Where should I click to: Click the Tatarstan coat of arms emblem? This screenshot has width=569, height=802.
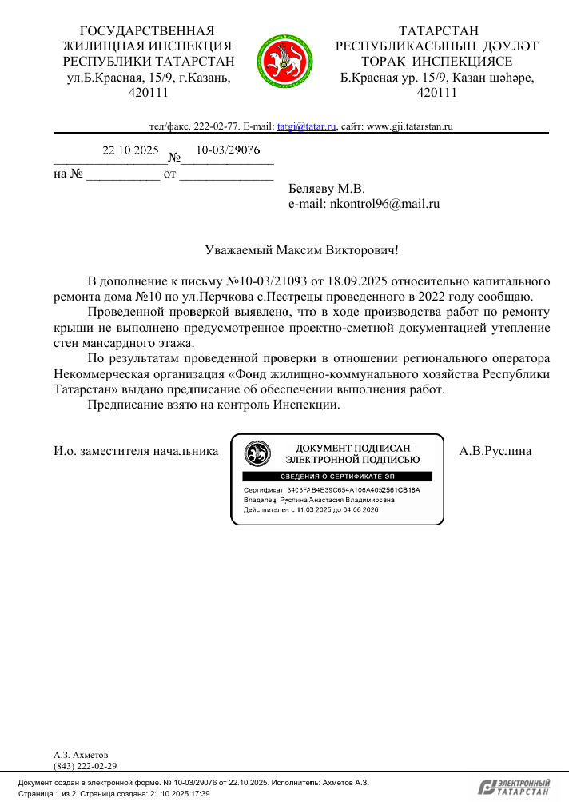[x=284, y=60]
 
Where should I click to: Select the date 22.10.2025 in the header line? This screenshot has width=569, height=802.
[x=131, y=150]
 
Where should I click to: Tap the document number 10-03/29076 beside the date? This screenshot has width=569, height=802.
[x=228, y=150]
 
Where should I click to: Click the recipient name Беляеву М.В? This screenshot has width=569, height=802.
[x=326, y=190]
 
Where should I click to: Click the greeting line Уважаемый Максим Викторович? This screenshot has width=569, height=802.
[x=301, y=249]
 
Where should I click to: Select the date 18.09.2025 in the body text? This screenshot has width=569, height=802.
[x=360, y=281]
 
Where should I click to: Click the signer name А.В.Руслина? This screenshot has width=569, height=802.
[x=495, y=451]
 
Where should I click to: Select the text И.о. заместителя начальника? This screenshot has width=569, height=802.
[x=136, y=451]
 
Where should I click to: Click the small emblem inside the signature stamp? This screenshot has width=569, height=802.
[x=257, y=453]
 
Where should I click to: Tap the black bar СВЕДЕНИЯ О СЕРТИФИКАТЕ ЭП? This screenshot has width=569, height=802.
[x=336, y=477]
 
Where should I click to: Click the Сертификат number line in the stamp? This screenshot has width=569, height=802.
[x=331, y=489]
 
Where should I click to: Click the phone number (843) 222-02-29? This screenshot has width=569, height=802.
[x=85, y=766]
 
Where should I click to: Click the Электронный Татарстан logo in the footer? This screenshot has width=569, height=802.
[x=514, y=787]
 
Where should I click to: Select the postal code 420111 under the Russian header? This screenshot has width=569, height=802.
[x=149, y=93]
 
